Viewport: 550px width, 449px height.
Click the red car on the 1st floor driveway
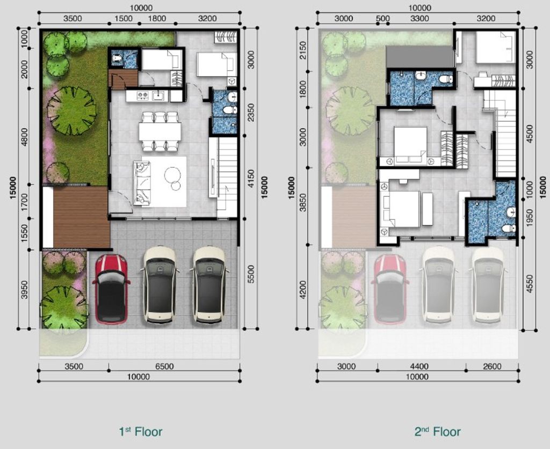pyautogui.click(x=111, y=289)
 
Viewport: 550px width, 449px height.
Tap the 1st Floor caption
pyautogui.click(x=140, y=431)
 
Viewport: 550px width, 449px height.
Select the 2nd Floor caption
pyautogui.click(x=437, y=431)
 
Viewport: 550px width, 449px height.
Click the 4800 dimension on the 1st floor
pyautogui.click(x=24, y=137)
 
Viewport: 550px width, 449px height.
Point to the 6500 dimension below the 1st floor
pyautogui.click(x=164, y=366)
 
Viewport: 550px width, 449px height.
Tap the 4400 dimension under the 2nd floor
pyautogui.click(x=419, y=366)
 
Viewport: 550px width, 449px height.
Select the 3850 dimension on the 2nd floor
pyautogui.click(x=303, y=202)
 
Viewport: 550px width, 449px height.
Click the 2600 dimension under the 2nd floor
pyautogui.click(x=492, y=366)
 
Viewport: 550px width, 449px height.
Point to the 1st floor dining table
pyautogui.click(x=160, y=131)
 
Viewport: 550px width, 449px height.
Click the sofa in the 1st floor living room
pyautogui.click(x=142, y=183)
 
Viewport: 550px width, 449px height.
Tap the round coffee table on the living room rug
pyautogui.click(x=172, y=175)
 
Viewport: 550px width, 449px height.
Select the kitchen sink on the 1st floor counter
pyautogui.click(x=158, y=95)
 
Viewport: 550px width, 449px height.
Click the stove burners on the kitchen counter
pyautogui.click(x=142, y=95)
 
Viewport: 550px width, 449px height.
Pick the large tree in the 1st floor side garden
pyautogui.click(x=72, y=111)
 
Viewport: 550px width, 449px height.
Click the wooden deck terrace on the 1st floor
pyautogui.click(x=81, y=217)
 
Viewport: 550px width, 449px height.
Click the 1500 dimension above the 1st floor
pyautogui.click(x=124, y=18)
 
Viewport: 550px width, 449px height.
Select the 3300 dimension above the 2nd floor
pyautogui.click(x=419, y=18)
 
